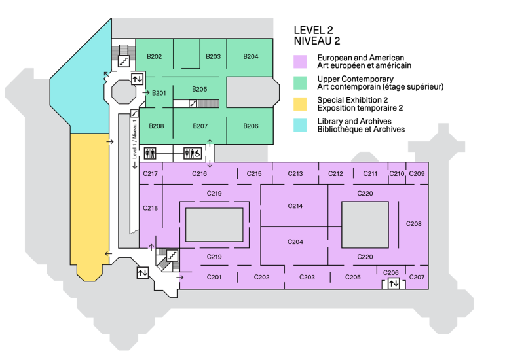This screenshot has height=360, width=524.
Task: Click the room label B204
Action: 251,57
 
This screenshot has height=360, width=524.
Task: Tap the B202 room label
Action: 155,57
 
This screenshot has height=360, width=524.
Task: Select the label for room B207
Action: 200,126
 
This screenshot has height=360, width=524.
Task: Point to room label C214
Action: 295,206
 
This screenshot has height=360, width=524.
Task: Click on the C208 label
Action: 414,224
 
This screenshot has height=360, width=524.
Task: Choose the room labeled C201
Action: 215,278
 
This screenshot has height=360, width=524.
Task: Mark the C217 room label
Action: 150,174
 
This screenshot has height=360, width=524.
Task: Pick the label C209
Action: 417,174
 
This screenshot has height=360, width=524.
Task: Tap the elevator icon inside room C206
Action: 393,283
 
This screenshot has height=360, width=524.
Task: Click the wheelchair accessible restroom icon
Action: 193,153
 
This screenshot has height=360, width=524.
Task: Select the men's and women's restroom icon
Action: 151,153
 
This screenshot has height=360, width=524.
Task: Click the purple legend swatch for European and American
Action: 301,62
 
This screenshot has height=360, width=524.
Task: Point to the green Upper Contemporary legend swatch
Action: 301,82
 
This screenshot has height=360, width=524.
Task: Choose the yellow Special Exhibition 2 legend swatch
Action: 301,103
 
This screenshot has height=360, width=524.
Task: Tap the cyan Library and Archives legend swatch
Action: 301,124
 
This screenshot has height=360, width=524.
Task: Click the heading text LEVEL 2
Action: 314,30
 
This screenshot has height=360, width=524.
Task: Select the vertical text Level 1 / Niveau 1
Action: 134,141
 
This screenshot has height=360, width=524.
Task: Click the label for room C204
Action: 295,242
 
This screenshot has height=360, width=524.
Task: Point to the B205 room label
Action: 200,89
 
